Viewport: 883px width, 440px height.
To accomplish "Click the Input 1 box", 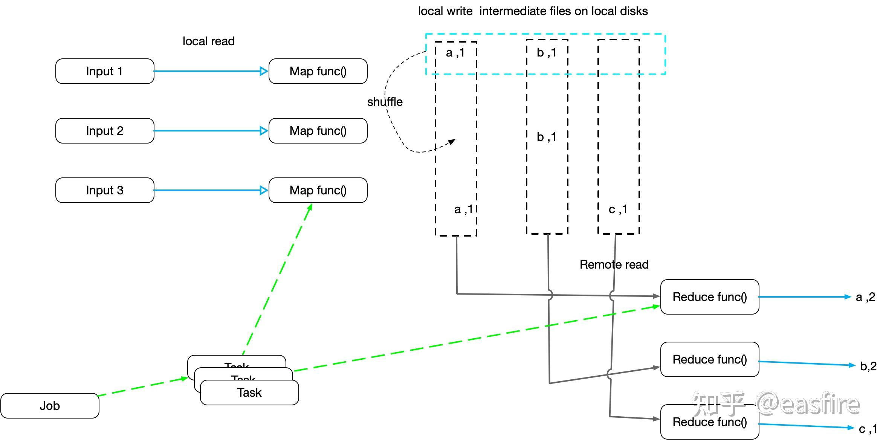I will pyautogui.click(x=105, y=71).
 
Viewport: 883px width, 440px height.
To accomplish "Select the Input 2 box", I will pyautogui.click(x=105, y=131).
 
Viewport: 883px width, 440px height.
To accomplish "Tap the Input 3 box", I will pyautogui.click(x=105, y=190).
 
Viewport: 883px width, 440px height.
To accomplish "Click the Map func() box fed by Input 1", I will pyautogui.click(x=318, y=71).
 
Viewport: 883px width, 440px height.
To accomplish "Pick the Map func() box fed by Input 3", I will pyautogui.click(x=318, y=190).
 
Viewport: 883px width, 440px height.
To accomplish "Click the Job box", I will pyautogui.click(x=50, y=406).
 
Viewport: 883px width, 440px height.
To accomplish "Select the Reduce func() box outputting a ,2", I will pyautogui.click(x=710, y=297).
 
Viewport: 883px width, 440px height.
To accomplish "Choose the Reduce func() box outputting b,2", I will pyautogui.click(x=710, y=359).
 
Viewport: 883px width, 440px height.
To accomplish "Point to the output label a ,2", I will pyautogui.click(x=865, y=297).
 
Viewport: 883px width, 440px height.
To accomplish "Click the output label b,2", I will pyautogui.click(x=868, y=366).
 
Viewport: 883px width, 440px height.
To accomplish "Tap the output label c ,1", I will pyautogui.click(x=868, y=429).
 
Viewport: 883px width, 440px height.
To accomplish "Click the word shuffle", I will pyautogui.click(x=385, y=102).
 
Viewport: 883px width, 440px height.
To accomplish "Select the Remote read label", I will pyautogui.click(x=614, y=264).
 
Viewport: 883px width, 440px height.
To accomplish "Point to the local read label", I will pyautogui.click(x=209, y=41).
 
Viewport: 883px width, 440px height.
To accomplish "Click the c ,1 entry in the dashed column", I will pyautogui.click(x=618, y=209).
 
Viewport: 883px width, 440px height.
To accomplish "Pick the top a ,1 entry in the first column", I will pyautogui.click(x=455, y=53).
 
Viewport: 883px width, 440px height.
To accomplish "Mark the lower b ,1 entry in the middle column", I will pyautogui.click(x=546, y=137).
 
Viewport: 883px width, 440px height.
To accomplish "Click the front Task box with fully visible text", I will pyautogui.click(x=249, y=393).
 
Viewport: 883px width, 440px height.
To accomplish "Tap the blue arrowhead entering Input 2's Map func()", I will pyautogui.click(x=264, y=131).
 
